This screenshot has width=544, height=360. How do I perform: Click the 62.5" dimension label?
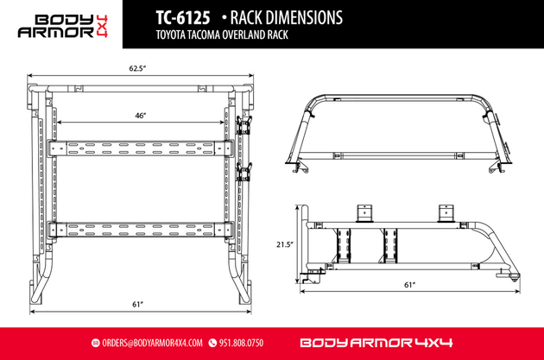coord(137,68)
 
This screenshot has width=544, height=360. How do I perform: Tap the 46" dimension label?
coord(141,116)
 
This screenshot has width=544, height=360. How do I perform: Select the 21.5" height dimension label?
coord(285,244)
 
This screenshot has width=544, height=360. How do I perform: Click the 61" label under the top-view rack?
coord(138,304)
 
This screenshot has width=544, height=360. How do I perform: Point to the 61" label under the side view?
coord(410,285)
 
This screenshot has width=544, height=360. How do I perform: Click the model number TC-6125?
coord(183,17)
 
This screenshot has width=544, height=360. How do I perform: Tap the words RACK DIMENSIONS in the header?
coord(286,17)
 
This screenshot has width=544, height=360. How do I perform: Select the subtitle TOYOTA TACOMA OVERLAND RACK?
coord(222,35)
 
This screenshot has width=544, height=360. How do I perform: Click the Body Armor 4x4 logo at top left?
coord(63,26)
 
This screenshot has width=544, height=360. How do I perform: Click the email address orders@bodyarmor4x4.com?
coord(152,343)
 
